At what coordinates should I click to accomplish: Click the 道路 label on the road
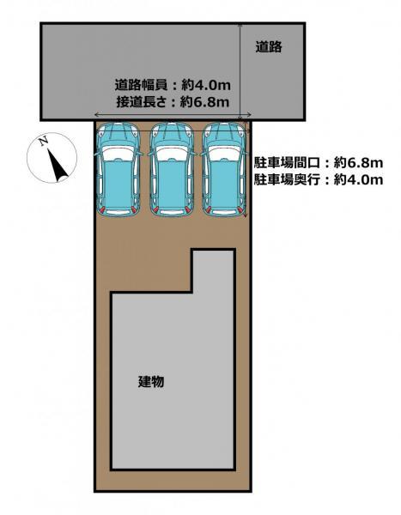click(269, 47)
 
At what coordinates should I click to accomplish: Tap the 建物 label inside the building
click(151, 382)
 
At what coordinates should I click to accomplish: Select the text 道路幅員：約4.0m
click(173, 85)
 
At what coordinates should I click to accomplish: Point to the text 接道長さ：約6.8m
click(173, 102)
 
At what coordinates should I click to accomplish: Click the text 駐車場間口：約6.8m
click(319, 162)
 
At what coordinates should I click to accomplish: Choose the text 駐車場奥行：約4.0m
click(319, 179)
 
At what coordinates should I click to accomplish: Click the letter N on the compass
click(43, 142)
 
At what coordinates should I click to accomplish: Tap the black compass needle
click(58, 165)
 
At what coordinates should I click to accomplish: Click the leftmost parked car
click(118, 169)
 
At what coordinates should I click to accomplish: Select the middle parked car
click(172, 169)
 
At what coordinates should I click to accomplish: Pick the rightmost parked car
click(224, 169)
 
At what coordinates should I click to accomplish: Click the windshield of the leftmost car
click(118, 154)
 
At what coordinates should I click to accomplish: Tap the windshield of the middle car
click(172, 154)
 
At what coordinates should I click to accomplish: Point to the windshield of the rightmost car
click(224, 154)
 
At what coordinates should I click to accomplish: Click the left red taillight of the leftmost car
click(102, 209)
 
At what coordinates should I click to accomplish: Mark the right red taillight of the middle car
click(188, 209)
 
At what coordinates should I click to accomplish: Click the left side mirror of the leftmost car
click(97, 154)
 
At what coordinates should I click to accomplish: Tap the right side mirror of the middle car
click(194, 154)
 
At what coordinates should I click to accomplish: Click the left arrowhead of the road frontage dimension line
click(96, 115)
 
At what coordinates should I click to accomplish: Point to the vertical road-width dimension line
click(240, 71)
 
